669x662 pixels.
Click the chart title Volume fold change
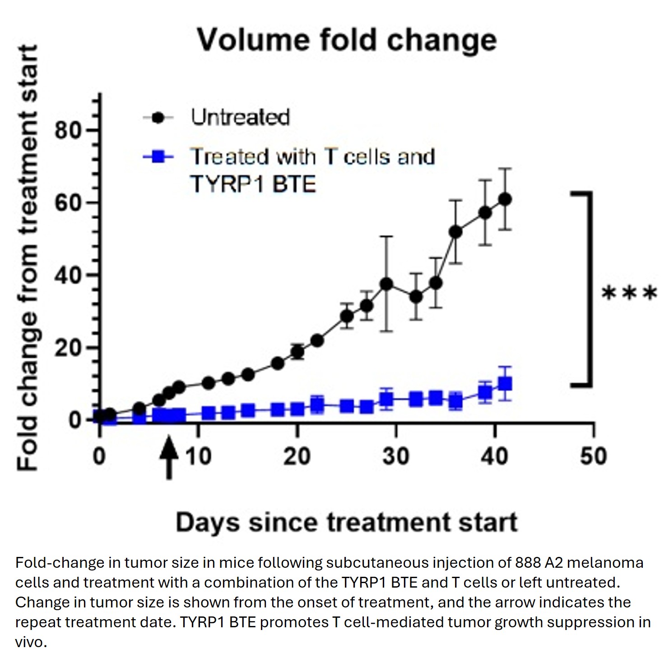point(347,40)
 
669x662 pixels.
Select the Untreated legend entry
point(240,117)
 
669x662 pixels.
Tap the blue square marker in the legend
point(158,157)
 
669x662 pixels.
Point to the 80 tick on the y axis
point(69,131)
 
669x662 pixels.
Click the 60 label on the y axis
point(69,203)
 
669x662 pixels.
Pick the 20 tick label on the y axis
point(69,348)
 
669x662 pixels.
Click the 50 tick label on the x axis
point(593,456)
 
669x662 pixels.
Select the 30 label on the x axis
point(396,456)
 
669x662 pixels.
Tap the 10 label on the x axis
point(198,456)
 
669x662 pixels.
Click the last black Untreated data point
point(505,199)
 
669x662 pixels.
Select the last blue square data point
point(505,384)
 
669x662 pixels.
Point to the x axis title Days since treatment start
point(346,523)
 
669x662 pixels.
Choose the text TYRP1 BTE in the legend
point(253,184)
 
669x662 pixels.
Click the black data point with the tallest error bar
point(386,284)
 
